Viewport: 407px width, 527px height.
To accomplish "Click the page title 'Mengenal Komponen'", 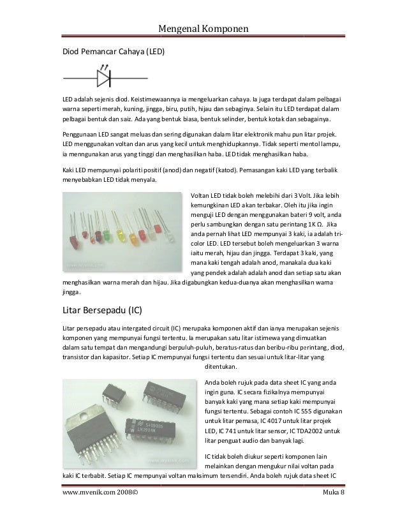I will (x=204, y=29).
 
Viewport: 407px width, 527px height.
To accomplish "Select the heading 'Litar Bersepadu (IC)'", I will (x=104, y=311).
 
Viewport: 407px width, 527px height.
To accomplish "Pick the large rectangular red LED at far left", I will (x=73, y=243).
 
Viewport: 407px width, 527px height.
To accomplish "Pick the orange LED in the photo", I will (x=133, y=238).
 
